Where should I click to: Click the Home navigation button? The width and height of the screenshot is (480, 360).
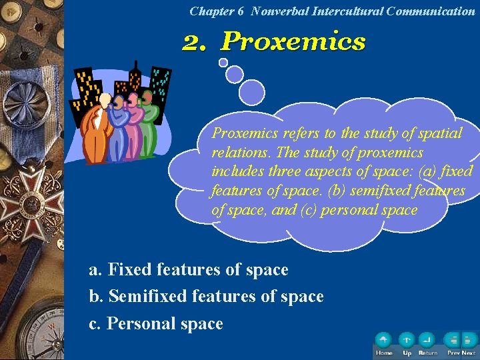[x=383, y=341]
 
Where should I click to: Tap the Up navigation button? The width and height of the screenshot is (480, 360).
[x=407, y=341]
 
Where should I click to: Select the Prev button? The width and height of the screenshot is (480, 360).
[x=453, y=341]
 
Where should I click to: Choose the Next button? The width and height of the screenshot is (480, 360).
[x=469, y=341]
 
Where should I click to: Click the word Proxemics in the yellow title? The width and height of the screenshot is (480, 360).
[x=293, y=41]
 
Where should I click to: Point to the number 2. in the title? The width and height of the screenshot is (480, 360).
[x=197, y=42]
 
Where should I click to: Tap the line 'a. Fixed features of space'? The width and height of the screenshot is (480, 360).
[x=189, y=270]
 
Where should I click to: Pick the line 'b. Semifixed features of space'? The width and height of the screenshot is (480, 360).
[x=206, y=297]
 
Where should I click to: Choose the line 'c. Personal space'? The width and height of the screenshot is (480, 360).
[x=156, y=324]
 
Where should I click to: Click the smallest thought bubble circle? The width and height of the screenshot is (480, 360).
[x=223, y=63]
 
